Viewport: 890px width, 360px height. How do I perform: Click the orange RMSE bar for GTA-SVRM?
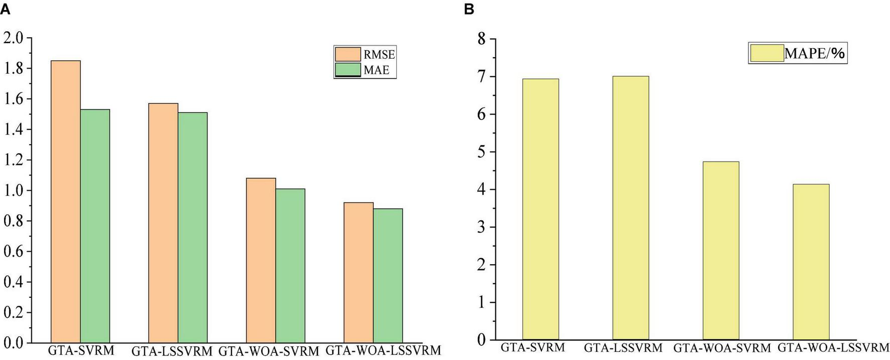[x=65, y=201]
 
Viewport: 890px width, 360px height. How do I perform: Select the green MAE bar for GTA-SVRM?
[x=95, y=226]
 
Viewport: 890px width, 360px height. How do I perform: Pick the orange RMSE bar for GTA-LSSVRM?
[x=163, y=223]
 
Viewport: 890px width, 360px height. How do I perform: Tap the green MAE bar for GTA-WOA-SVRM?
[x=290, y=266]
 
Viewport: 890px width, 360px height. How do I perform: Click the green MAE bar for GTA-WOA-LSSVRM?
[x=388, y=276]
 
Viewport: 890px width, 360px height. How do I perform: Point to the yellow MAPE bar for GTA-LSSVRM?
[x=630, y=208]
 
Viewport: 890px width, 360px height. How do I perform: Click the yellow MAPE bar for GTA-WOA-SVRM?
[x=721, y=251]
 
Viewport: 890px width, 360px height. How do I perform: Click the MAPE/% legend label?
[x=814, y=53]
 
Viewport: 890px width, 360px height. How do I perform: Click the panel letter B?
[x=469, y=9]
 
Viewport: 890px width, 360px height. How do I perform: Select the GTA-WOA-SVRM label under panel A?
[x=269, y=351]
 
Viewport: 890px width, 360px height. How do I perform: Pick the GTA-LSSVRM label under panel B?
[x=623, y=347]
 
